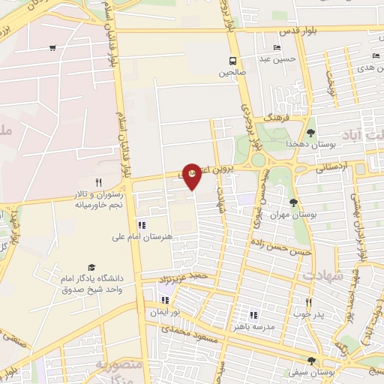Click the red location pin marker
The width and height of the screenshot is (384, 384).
(192, 173)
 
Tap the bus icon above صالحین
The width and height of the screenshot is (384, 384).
(233, 61)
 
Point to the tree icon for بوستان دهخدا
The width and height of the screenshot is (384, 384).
(310, 133)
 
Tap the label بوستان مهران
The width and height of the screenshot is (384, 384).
(306, 214)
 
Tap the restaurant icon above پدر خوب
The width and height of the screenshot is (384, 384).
(307, 302)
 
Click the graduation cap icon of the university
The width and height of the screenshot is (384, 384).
(91, 267)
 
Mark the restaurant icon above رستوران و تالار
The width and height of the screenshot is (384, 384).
(98, 182)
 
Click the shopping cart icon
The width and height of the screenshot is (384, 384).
(52, 49)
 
